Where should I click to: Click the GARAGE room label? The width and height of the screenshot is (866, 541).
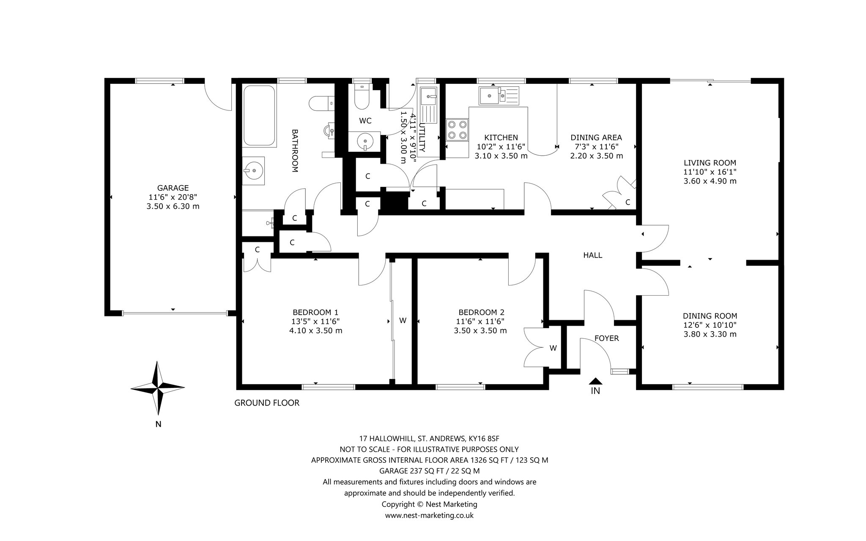tap(173, 188)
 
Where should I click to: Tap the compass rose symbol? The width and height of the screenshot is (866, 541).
tap(158, 388)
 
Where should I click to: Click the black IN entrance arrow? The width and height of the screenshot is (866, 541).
tap(595, 381)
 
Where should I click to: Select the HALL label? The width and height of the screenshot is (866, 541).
tap(592, 255)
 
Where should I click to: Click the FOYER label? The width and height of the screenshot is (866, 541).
tap(606, 338)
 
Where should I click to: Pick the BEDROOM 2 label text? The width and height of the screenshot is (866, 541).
tap(481, 312)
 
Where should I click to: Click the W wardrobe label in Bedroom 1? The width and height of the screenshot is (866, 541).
tap(403, 321)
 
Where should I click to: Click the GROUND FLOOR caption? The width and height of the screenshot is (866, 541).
tap(267, 403)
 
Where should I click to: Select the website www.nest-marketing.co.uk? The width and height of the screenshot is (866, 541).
tap(429, 515)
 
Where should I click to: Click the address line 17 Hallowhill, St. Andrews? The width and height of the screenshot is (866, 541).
tap(429, 438)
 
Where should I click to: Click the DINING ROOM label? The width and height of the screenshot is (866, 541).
tap(710, 316)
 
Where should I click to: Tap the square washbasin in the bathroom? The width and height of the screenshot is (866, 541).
tap(253, 171)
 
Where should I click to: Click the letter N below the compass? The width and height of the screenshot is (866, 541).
tap(158, 424)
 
